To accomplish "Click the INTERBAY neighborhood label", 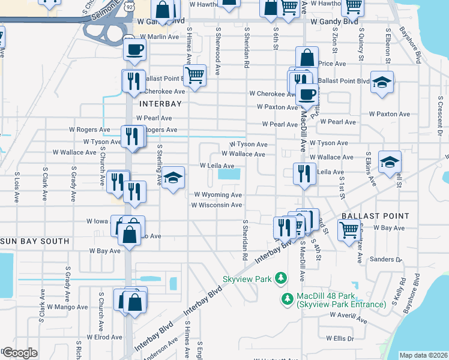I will click(160, 104).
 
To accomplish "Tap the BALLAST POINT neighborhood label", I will click(375, 215).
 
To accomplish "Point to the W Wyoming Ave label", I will click(218, 195).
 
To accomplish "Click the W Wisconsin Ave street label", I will click(217, 205).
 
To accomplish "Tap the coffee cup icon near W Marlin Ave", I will click(134, 49).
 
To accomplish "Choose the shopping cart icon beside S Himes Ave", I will click(194, 76).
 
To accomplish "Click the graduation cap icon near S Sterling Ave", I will click(173, 178).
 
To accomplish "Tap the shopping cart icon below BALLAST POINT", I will click(349, 229).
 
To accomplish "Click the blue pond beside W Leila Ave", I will click(229, 175).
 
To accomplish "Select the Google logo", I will click(20, 353).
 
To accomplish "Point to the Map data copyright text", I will click(423, 355).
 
